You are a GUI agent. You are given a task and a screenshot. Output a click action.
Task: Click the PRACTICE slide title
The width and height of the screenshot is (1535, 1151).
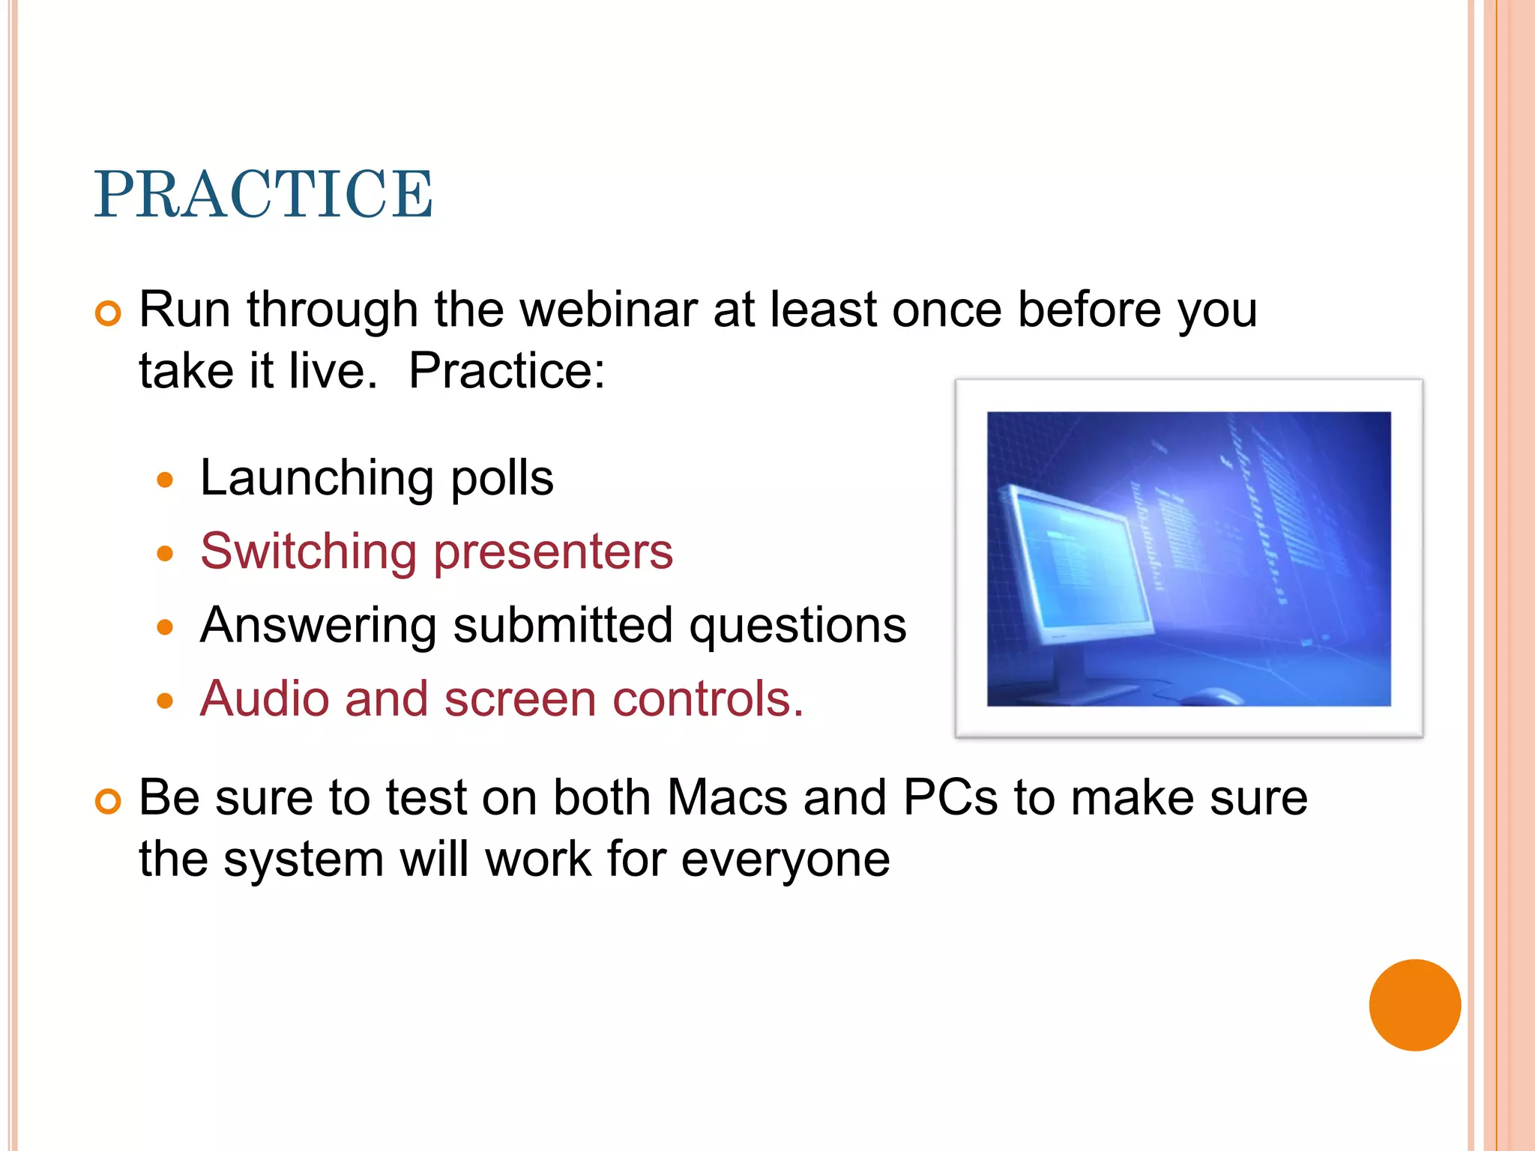(x=263, y=195)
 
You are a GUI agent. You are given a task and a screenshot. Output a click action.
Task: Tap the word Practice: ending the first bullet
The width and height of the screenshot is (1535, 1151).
(x=507, y=371)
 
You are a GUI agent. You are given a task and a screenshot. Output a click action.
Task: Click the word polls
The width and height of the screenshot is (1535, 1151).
(x=502, y=479)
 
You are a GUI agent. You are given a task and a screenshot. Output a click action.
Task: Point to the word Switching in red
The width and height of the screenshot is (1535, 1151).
(x=308, y=552)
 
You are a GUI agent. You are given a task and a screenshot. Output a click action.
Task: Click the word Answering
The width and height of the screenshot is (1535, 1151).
(x=319, y=626)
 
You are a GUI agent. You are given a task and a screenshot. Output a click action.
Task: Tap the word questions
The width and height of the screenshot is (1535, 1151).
(x=797, y=626)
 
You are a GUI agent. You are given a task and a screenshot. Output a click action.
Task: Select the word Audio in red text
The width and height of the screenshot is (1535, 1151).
(x=265, y=699)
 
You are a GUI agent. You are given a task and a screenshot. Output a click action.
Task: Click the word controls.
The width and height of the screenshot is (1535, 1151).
(x=708, y=699)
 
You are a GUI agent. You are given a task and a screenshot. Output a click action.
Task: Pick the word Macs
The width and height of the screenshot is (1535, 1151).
(x=727, y=797)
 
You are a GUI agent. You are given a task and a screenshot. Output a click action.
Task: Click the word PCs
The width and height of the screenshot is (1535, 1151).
(x=950, y=797)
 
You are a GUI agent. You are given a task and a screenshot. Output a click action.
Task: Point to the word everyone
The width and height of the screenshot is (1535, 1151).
(x=785, y=860)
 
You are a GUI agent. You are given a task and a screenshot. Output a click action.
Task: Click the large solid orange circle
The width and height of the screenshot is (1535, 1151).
(x=1414, y=1005)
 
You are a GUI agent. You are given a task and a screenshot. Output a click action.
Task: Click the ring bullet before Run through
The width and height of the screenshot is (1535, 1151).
(x=108, y=313)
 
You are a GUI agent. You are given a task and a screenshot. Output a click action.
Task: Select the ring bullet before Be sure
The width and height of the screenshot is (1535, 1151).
(x=108, y=801)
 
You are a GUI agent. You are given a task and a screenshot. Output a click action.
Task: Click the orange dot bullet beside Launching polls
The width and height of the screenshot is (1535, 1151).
(x=166, y=480)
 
